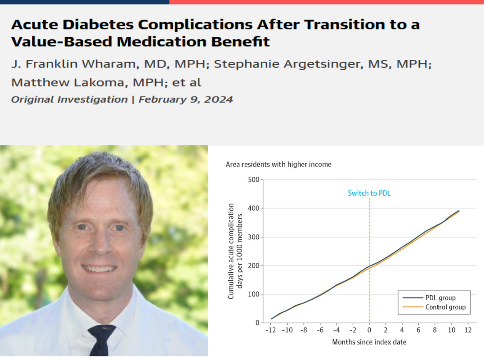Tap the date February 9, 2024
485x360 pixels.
185,99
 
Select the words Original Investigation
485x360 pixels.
69,99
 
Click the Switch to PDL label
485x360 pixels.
368,193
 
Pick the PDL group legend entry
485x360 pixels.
440,297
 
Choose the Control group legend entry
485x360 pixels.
445,307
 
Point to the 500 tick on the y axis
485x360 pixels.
254,180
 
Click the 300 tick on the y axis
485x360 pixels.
254,237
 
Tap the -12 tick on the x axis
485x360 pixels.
270,330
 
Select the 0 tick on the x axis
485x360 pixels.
369,330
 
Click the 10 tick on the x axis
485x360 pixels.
451,330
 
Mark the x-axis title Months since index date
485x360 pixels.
369,342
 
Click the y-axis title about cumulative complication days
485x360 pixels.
235,251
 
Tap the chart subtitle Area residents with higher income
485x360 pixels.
278,165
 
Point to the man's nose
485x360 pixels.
100,243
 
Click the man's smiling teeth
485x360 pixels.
99,269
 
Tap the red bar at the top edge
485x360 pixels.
326,2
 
